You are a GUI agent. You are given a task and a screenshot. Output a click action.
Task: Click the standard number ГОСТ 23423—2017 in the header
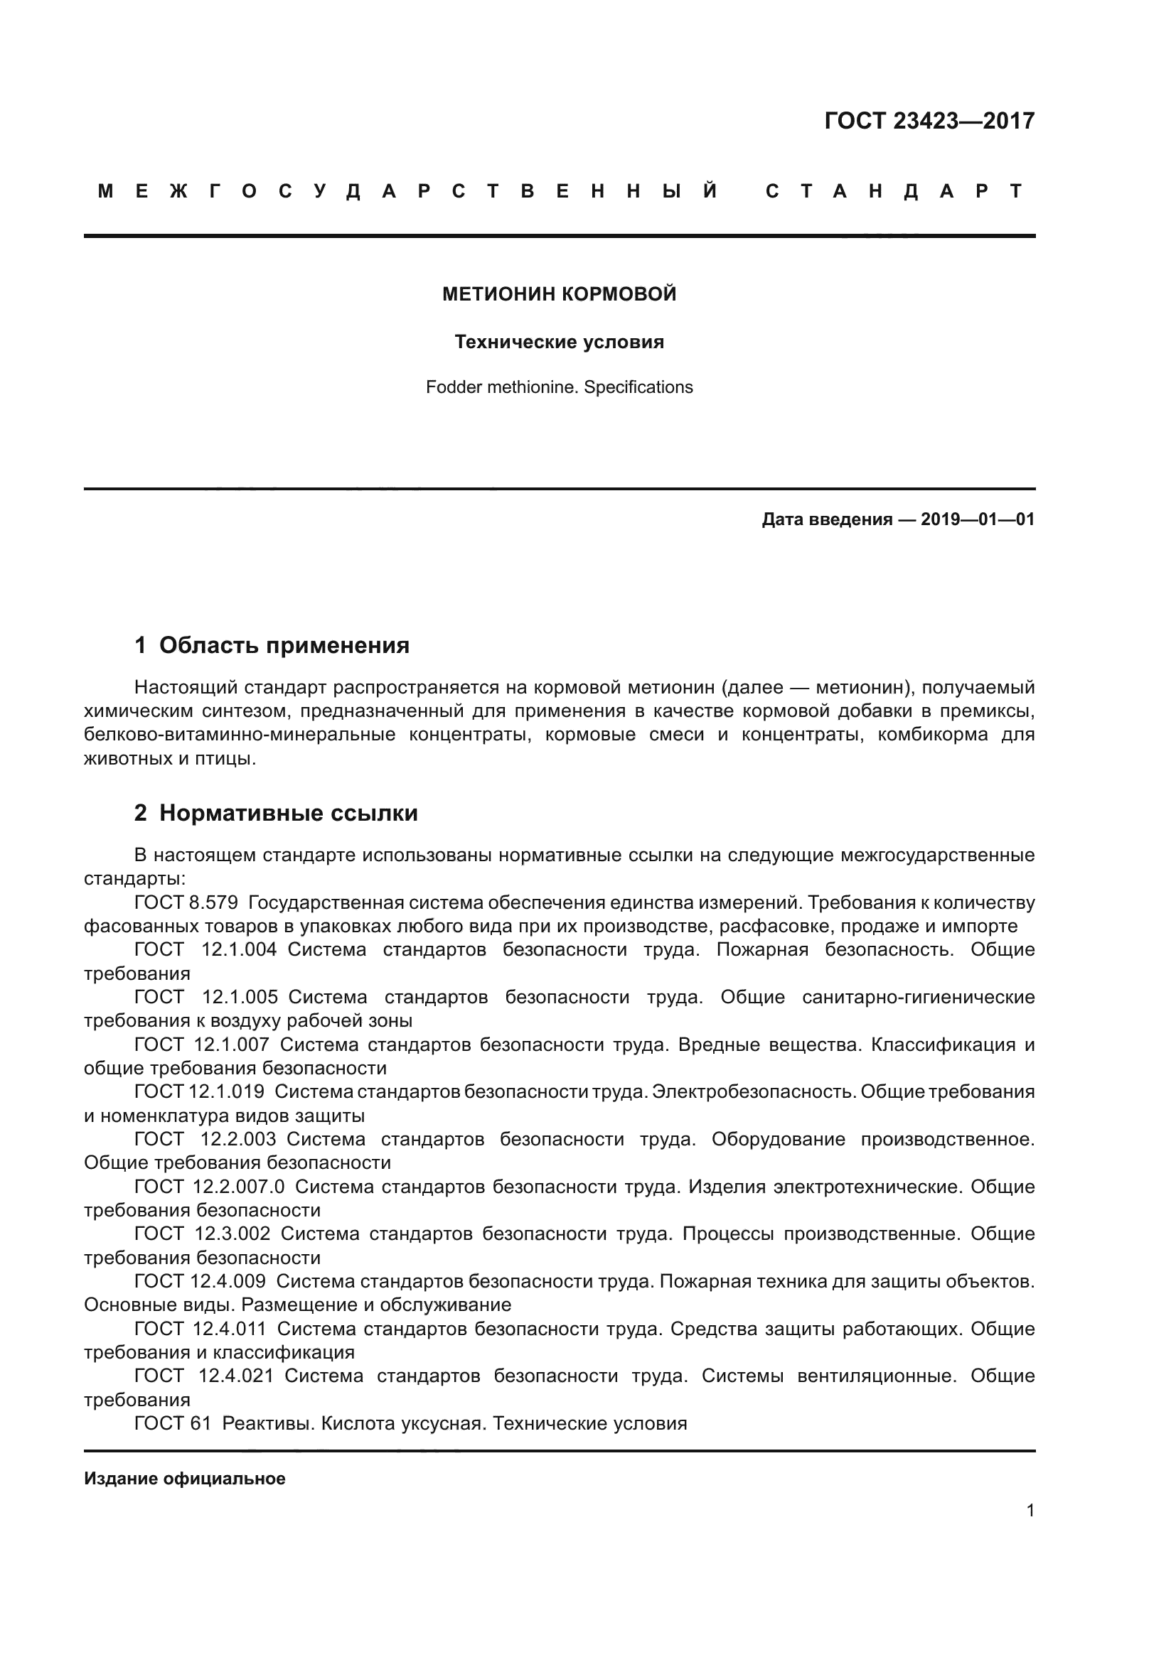[x=929, y=121]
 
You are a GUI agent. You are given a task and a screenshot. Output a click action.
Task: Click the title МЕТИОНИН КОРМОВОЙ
[x=559, y=294]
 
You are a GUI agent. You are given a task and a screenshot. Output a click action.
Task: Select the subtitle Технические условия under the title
[x=559, y=342]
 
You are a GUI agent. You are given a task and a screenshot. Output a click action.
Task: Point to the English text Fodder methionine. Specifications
[x=559, y=387]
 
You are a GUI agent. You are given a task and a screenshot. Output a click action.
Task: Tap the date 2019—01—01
[x=978, y=519]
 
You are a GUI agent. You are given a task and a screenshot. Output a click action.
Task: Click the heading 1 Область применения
[x=272, y=645]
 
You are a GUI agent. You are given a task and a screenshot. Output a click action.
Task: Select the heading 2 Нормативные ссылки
[x=276, y=813]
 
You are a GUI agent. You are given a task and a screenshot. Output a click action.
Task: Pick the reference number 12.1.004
[x=239, y=949]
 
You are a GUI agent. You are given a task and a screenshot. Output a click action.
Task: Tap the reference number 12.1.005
[x=240, y=997]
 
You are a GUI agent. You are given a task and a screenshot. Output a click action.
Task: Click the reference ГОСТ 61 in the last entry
[x=172, y=1423]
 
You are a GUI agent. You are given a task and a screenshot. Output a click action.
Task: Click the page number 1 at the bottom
[x=1030, y=1510]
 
